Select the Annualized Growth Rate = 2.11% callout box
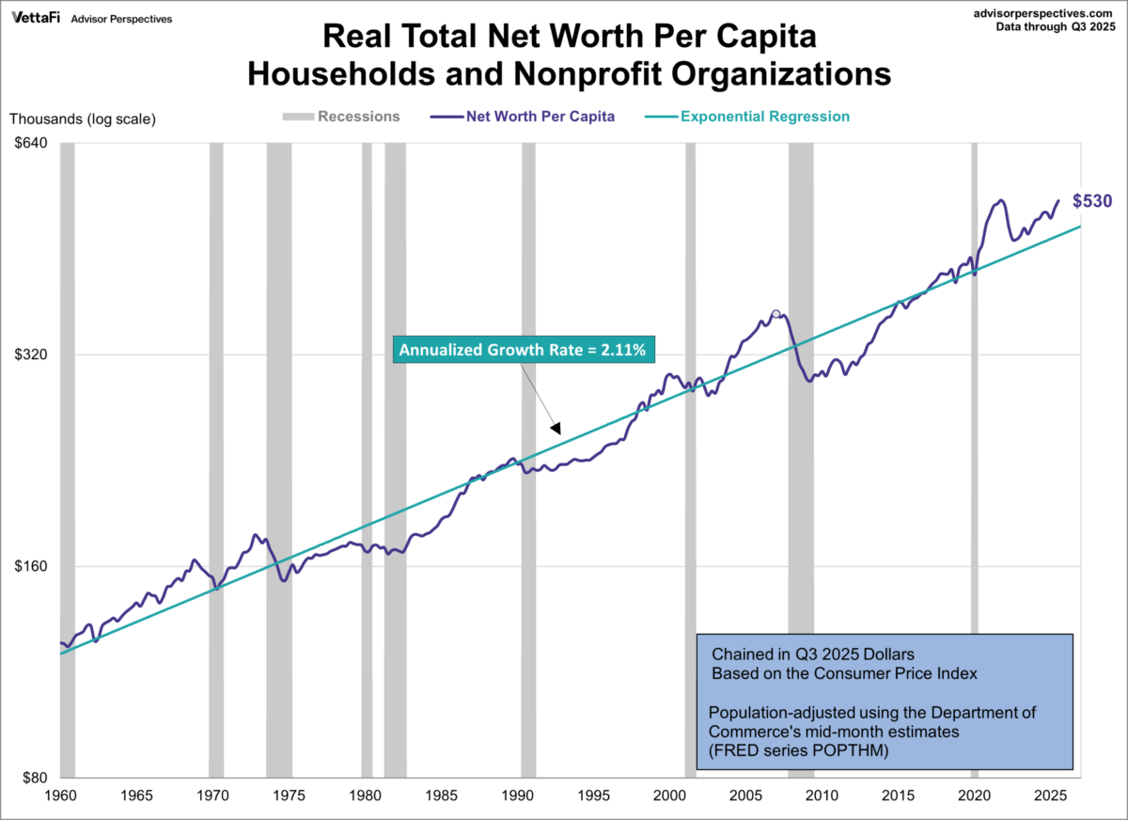[523, 350]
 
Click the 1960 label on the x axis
[60, 796]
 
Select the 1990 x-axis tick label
[517, 796]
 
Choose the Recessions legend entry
[357, 117]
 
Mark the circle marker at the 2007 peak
[775, 314]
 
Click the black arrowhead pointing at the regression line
[555, 429]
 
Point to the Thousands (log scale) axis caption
[83, 118]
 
